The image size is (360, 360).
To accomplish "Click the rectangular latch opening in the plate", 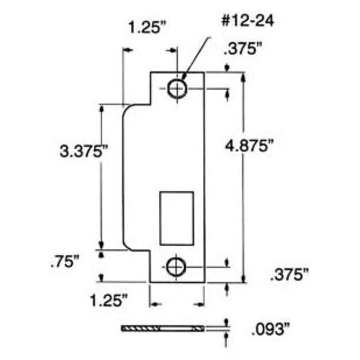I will [x=176, y=218].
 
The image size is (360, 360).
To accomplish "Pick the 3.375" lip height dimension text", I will [x=83, y=152].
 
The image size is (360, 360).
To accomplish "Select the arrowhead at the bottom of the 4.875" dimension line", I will [x=243, y=278].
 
